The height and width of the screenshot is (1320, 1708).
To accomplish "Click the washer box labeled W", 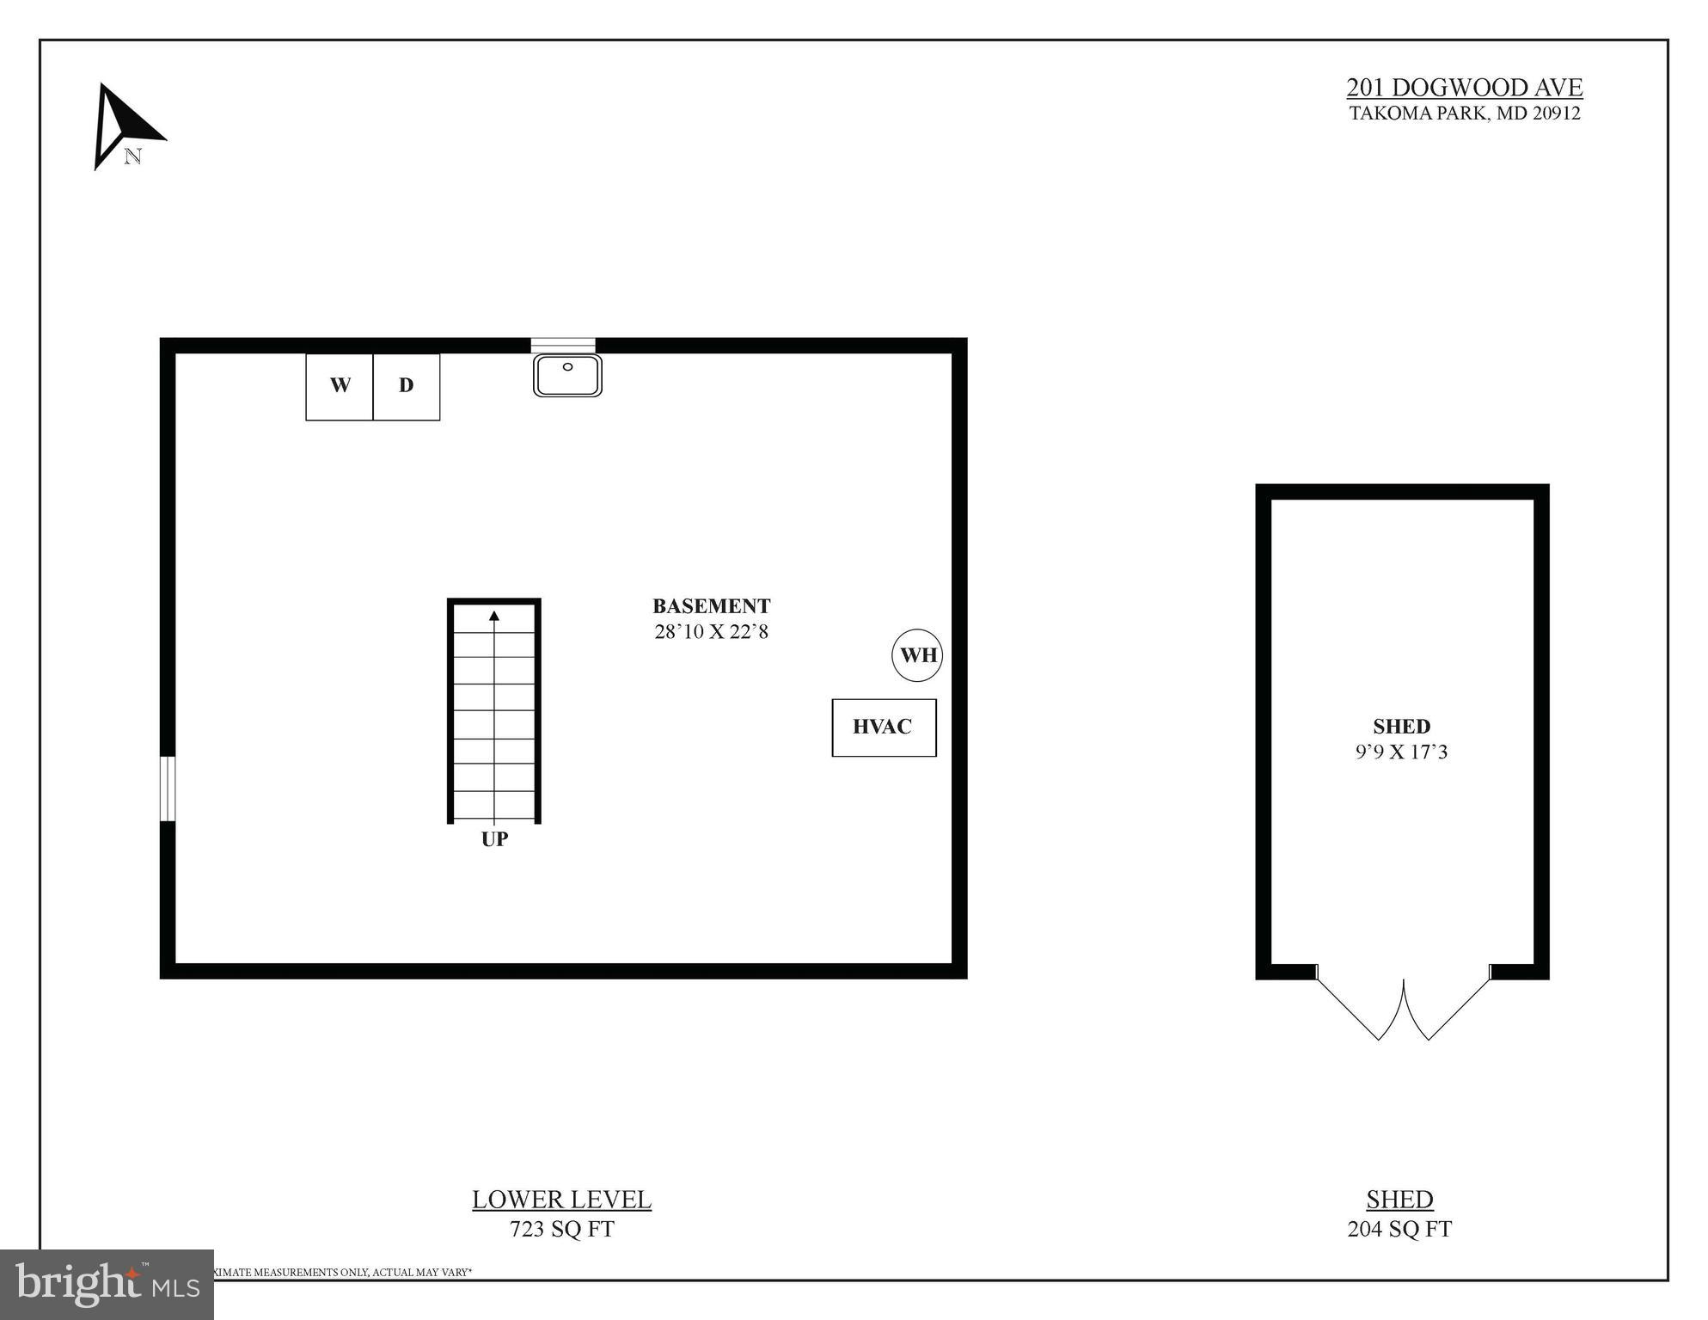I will pos(340,386).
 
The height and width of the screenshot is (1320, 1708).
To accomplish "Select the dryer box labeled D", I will pos(407,386).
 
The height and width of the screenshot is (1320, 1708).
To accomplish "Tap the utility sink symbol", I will pos(567,376).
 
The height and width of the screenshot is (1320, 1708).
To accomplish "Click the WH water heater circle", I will pos(917,655).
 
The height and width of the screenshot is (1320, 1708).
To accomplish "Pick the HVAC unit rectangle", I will pos(884,728).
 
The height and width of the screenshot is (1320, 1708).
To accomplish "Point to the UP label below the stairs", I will pos(494,839).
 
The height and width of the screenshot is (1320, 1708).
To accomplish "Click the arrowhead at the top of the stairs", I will pos(494,616).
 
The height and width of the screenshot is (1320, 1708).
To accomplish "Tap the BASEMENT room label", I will pos(711,606).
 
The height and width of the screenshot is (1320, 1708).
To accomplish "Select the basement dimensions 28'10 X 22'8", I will pos(711,632).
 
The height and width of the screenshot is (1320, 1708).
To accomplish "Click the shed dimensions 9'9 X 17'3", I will pos(1401,752).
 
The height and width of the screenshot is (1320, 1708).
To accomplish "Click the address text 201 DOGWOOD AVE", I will pos(1464,88).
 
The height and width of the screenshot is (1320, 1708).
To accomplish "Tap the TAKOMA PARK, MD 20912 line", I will pos(1464,114).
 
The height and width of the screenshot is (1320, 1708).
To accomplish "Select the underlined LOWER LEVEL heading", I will pos(561,1200).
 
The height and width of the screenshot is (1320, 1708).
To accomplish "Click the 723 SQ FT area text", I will pos(561,1230).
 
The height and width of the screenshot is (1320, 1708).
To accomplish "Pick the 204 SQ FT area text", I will pos(1399,1230).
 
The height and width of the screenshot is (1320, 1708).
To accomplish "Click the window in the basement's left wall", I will pos(168,789).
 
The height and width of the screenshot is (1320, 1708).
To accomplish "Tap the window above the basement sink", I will pos(563,346).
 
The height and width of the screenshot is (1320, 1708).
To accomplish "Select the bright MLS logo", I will pos(107,1284).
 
